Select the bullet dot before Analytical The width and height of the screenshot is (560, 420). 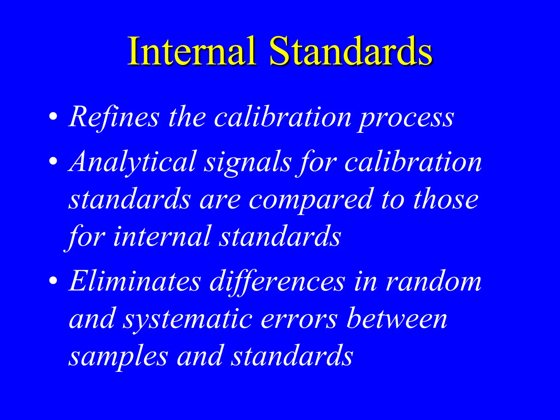click(54, 161)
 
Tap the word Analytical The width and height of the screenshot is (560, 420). click(133, 163)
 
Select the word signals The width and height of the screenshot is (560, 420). click(248, 164)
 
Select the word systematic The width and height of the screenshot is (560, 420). click(188, 320)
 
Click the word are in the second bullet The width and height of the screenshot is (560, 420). click(220, 201)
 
